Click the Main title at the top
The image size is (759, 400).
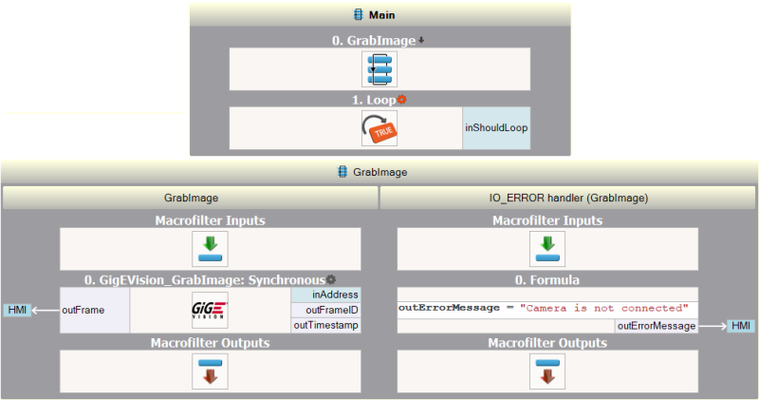pos(380,14)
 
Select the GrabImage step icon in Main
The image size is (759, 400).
pos(379,69)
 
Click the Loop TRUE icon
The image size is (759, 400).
pos(379,128)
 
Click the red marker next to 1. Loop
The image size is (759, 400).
pos(402,99)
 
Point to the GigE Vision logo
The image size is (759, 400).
pos(209,311)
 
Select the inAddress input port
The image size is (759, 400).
pos(325,295)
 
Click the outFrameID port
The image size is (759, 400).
pos(325,310)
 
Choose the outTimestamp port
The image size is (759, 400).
pos(325,325)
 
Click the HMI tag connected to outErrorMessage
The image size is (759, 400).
pos(741,326)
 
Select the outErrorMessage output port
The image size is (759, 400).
pos(656,326)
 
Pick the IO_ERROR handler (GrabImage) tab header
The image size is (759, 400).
pos(567,198)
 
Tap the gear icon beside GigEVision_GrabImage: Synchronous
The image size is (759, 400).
pos(331,279)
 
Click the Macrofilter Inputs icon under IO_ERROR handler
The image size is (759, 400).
pos(546,249)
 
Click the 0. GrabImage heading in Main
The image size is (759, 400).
pos(374,41)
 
